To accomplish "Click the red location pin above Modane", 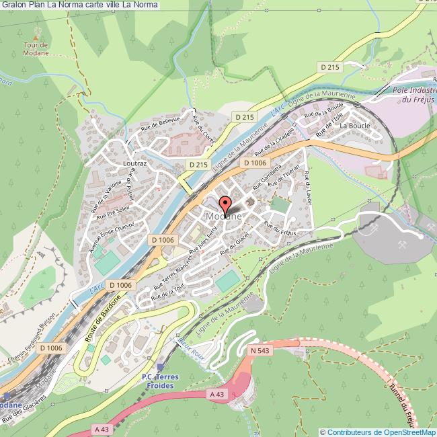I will (224, 205).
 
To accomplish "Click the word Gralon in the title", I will (15, 5).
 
